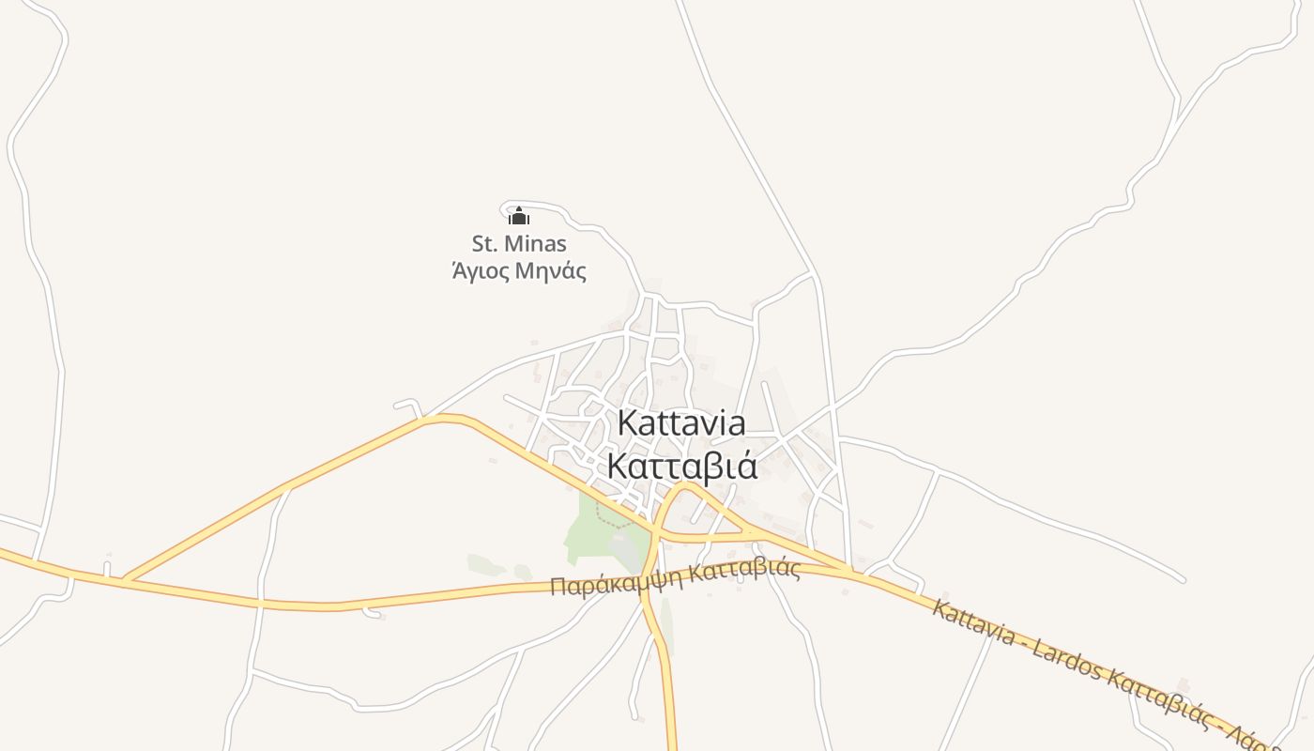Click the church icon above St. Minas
pyautogui.click(x=519, y=217)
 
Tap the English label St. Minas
pyautogui.click(x=519, y=244)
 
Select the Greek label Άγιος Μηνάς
pyautogui.click(x=519, y=272)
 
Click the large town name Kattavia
pyautogui.click(x=681, y=423)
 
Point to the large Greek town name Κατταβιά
pyautogui.click(x=681, y=466)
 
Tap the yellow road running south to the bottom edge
pyautogui.click(x=669, y=695)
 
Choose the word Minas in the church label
pyautogui.click(x=536, y=244)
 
